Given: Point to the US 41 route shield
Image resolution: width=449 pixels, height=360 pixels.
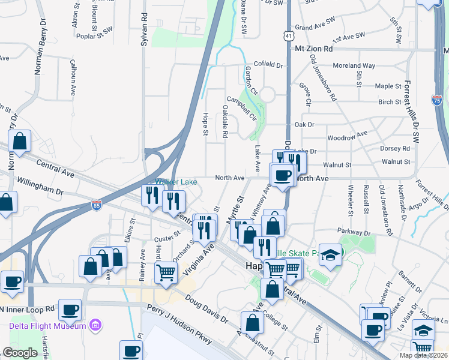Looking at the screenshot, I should tap(289, 37).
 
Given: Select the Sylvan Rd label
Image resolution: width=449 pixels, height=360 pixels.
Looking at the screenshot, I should tap(144, 24).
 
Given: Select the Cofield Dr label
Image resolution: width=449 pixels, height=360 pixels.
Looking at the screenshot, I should tap(268, 64).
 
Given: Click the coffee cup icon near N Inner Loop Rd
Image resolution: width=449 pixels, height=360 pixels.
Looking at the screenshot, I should tap(70, 310).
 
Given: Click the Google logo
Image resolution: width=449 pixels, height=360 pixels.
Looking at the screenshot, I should tap(20, 353).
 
